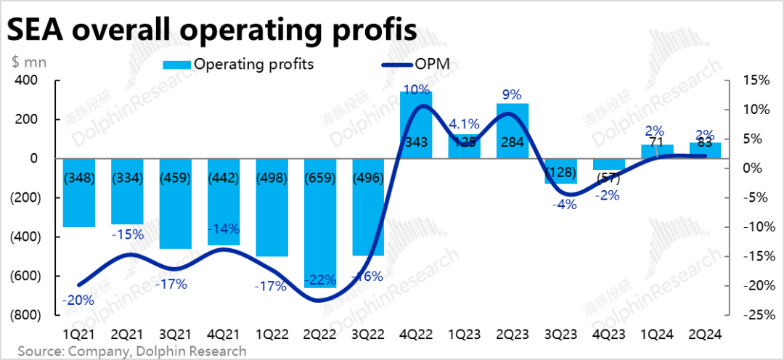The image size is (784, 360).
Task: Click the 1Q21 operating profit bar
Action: (79, 193)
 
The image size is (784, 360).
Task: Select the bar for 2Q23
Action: (513, 131)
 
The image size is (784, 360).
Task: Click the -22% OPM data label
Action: (320, 279)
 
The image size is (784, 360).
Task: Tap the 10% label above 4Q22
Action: (416, 90)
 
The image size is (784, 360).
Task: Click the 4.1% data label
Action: (463, 123)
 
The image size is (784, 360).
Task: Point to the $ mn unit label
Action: (29, 62)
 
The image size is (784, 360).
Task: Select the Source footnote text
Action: (131, 351)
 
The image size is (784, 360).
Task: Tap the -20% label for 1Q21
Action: (78, 300)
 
